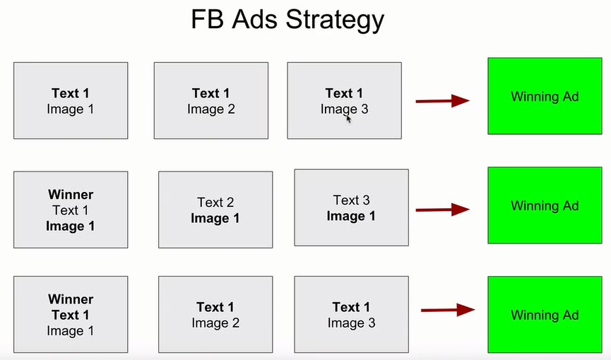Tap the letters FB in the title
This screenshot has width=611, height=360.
tap(207, 18)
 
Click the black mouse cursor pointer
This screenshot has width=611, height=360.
tap(348, 119)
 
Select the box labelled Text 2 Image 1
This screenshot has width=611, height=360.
tap(215, 210)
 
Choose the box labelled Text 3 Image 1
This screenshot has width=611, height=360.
tap(352, 208)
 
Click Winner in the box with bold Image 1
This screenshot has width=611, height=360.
tap(71, 194)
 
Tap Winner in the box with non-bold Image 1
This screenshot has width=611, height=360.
tap(71, 299)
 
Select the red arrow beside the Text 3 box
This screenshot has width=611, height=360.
tap(443, 210)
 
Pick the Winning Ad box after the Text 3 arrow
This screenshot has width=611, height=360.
tap(545, 205)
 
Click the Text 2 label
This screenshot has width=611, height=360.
tap(215, 202)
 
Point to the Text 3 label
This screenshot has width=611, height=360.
tap(352, 200)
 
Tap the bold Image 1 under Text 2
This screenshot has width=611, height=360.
tap(215, 218)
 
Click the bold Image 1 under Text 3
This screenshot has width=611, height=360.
tap(351, 216)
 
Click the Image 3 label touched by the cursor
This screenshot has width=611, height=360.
tap(345, 109)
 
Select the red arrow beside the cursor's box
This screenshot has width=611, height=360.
tap(443, 101)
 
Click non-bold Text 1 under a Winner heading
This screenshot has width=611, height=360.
tap(71, 210)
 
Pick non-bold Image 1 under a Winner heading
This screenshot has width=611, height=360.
tap(71, 331)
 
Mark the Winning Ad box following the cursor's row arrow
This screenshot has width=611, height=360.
tap(545, 96)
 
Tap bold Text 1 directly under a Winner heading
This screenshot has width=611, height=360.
tap(71, 315)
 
